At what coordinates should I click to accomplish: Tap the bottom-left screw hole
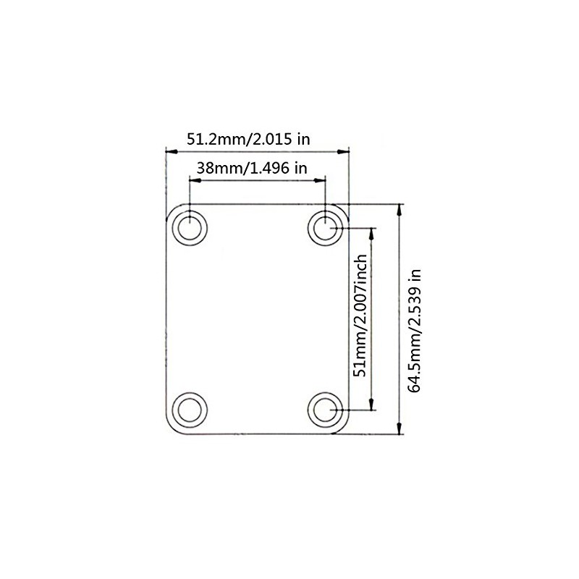(x=190, y=410)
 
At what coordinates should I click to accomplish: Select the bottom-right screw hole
(x=326, y=410)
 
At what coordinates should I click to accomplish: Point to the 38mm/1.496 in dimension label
(x=252, y=168)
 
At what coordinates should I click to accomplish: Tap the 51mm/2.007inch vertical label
(x=359, y=318)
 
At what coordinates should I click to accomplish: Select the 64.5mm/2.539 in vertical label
(x=415, y=331)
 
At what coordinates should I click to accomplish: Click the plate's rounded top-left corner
(x=171, y=210)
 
